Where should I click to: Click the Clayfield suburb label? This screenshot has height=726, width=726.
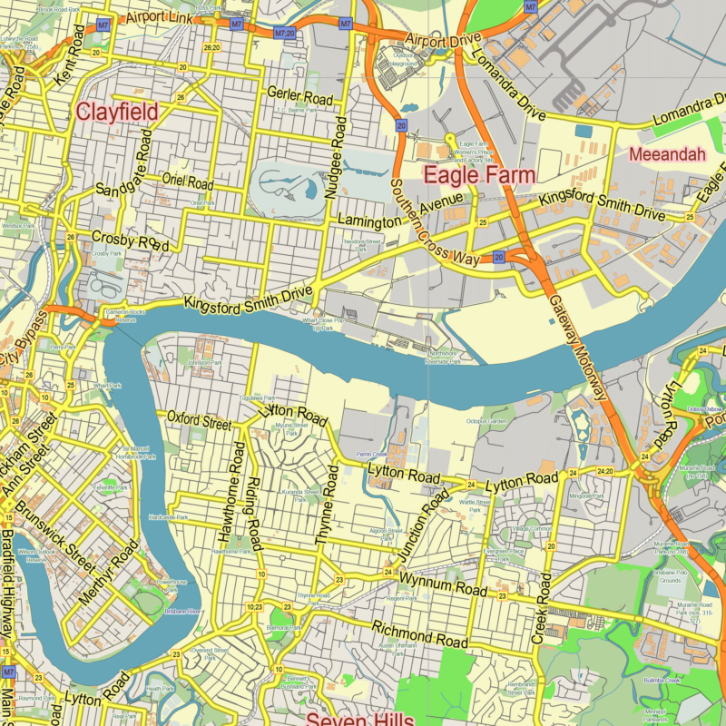[117, 112]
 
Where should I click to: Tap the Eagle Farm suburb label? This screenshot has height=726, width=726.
[480, 174]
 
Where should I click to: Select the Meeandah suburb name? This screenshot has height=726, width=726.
[666, 154]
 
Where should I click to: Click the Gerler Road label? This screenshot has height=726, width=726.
[299, 95]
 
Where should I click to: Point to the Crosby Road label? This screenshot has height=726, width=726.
[131, 241]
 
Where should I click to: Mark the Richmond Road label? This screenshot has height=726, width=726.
[419, 634]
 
